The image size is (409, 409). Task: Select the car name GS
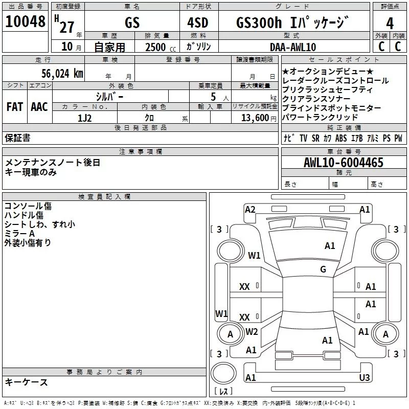point(132,23)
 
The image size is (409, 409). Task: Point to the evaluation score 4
point(390,23)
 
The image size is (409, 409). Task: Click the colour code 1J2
point(85,117)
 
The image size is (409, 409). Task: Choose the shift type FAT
point(14,107)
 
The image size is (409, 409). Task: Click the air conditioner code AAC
point(39,107)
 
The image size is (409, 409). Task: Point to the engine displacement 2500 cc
point(158,47)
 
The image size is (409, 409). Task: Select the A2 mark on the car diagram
point(250,209)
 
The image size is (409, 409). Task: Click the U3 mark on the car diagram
point(364,377)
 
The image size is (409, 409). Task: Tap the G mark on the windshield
point(323,269)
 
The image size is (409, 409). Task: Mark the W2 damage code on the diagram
point(252,332)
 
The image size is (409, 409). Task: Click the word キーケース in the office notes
point(27,382)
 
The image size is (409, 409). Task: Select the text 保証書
point(17,138)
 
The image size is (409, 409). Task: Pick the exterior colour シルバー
point(109,97)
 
